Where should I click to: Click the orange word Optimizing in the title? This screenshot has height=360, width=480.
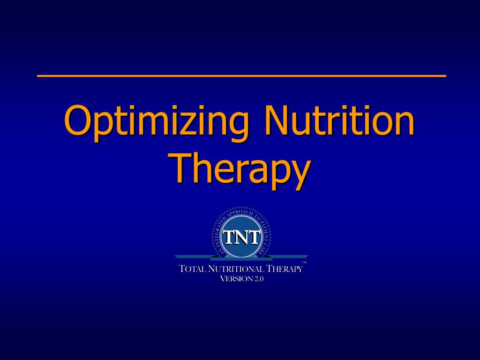point(156,122)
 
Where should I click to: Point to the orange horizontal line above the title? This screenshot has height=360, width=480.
point(241,75)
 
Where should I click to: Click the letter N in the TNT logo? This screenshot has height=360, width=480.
point(241,237)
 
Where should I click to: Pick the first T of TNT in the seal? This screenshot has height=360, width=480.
point(228,237)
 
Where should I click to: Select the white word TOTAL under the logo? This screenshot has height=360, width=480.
point(192,269)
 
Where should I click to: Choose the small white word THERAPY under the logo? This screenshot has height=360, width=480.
point(285,269)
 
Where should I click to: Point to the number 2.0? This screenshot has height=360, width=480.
point(259,278)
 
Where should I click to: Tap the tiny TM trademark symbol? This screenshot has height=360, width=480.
point(304,262)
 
